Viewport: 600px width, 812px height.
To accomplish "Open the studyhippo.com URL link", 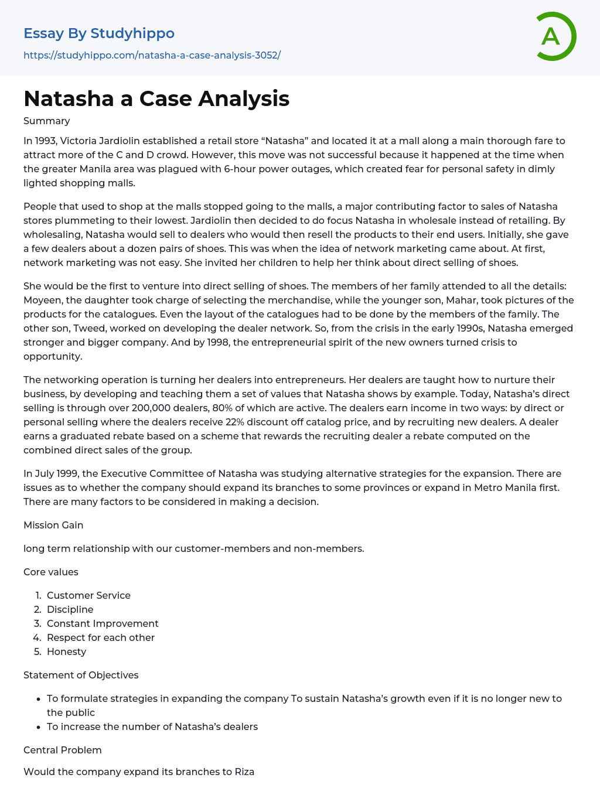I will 152,55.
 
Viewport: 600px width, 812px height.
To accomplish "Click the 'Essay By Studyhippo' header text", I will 99,33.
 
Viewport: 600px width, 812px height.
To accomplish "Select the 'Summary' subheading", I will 47,121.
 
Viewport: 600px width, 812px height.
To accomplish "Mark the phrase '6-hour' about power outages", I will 239,169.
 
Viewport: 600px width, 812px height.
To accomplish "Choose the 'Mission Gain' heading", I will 53,525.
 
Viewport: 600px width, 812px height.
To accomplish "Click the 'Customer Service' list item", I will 88,595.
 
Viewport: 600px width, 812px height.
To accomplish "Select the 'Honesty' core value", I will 66,651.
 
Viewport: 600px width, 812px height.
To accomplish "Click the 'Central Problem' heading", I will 63,750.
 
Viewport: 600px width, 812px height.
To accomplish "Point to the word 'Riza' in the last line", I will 244,772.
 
